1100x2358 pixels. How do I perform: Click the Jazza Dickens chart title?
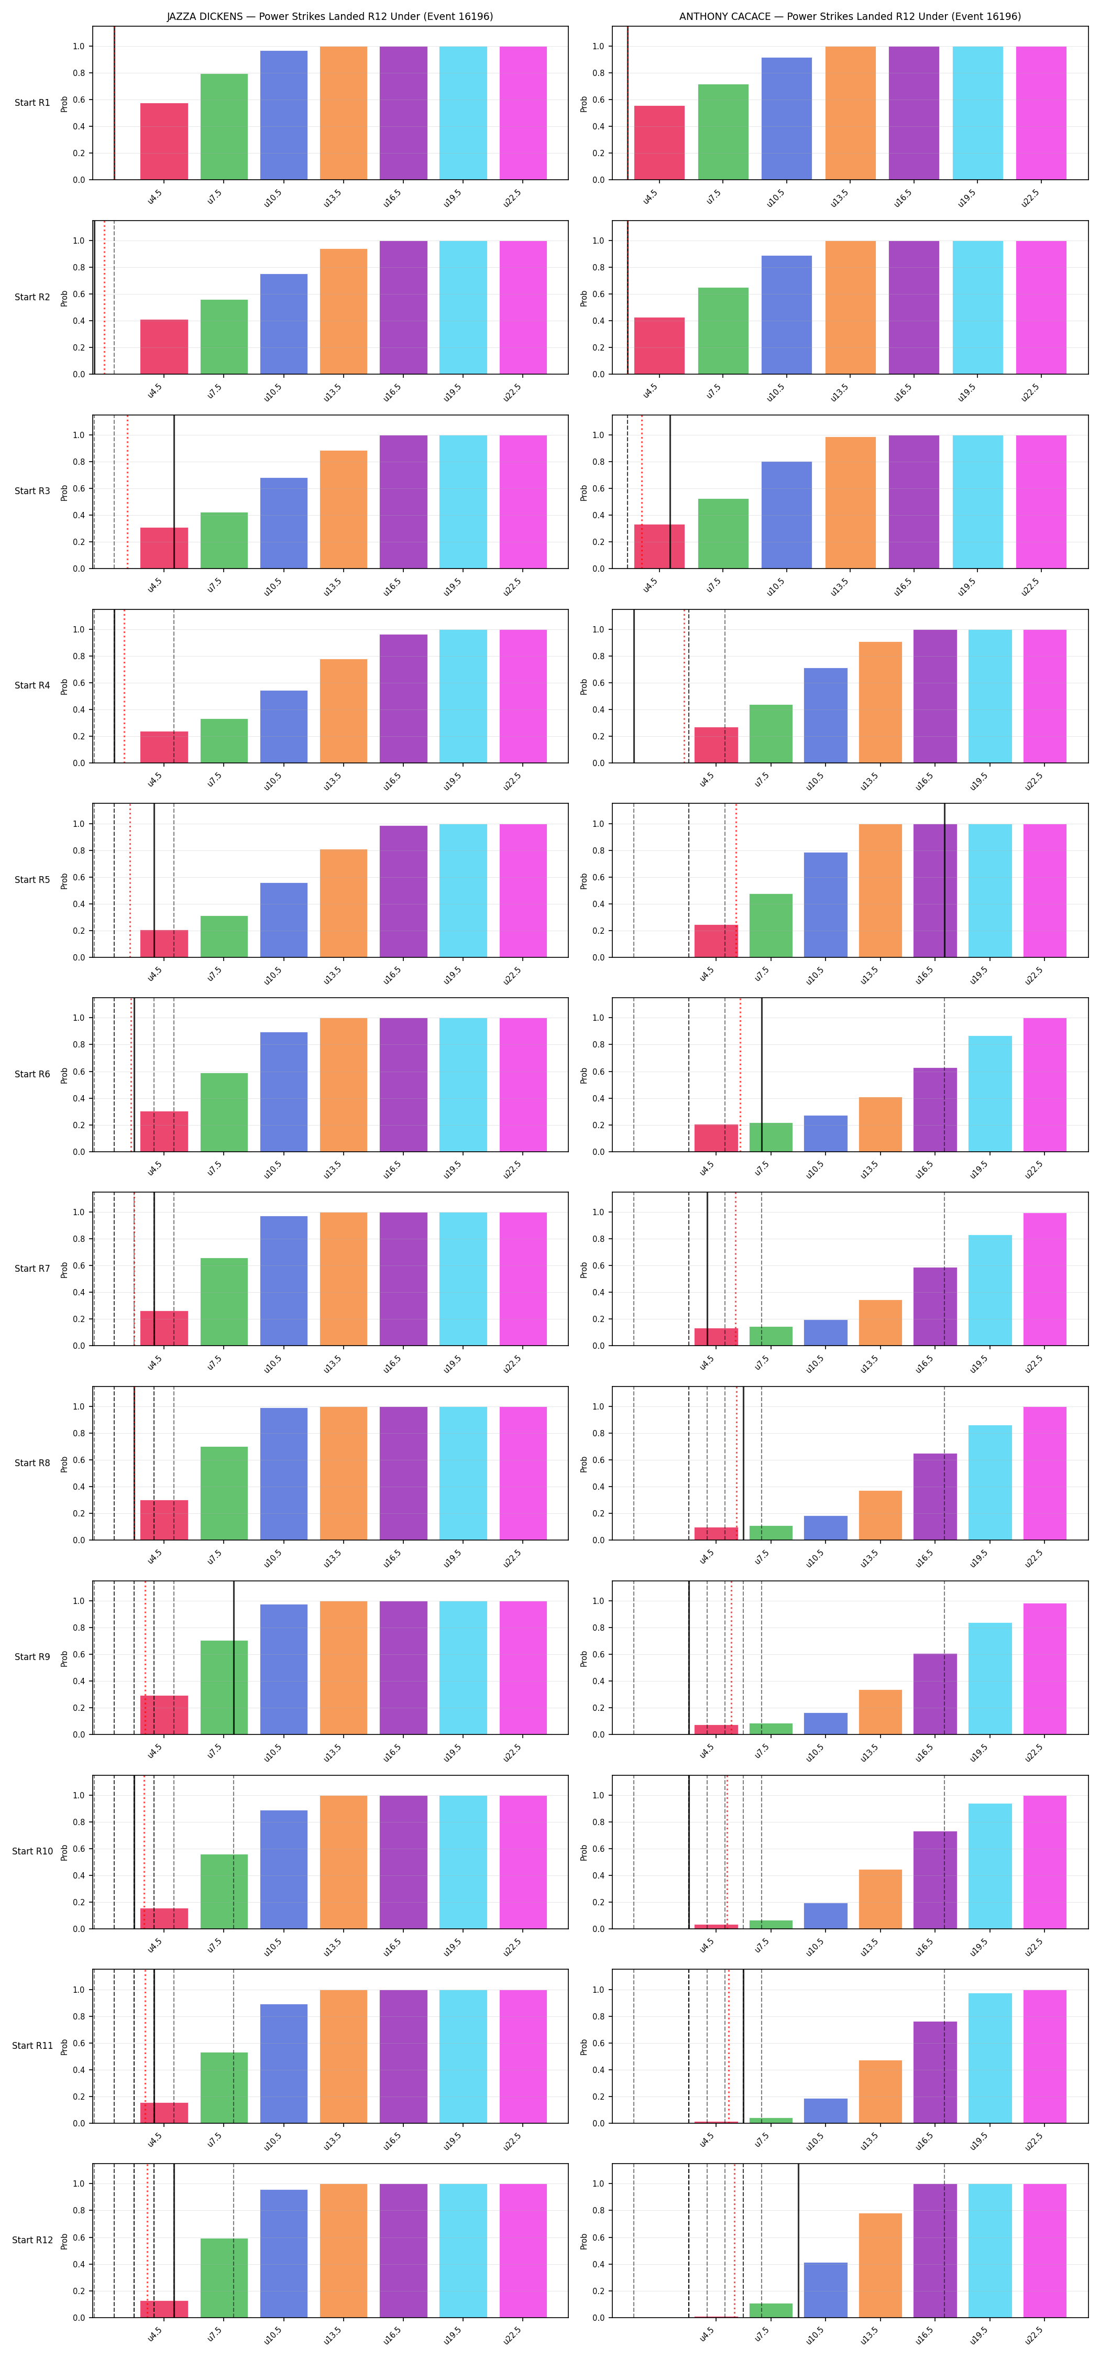tap(329, 16)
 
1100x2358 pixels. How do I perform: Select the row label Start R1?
tap(32, 103)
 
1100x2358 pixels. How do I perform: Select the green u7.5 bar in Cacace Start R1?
tap(723, 132)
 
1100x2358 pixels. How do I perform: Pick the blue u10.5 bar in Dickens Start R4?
tap(284, 727)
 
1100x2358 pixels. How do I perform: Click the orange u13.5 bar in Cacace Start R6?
tap(881, 1124)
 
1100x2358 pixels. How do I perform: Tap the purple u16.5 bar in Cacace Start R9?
tap(936, 1694)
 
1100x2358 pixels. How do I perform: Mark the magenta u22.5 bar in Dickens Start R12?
tap(523, 2251)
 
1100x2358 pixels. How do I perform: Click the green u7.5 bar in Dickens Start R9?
tap(224, 1687)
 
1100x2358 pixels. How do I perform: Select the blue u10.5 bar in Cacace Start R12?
tap(826, 2290)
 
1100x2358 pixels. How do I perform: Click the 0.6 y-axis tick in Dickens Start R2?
tap(79, 294)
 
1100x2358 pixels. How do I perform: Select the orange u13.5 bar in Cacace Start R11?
tap(881, 2092)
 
